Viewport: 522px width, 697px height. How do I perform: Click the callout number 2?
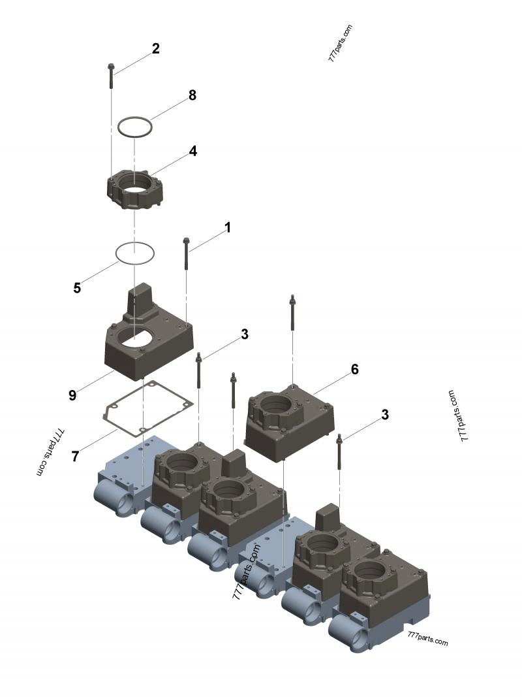(156, 48)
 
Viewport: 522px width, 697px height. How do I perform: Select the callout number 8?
(192, 95)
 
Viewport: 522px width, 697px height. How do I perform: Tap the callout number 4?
(193, 151)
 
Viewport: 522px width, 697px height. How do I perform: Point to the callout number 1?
(228, 228)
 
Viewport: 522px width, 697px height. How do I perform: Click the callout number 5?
(77, 287)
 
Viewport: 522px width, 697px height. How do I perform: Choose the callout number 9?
(72, 395)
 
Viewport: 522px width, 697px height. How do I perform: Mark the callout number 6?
(354, 369)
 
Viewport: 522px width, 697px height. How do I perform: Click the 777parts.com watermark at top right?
(341, 43)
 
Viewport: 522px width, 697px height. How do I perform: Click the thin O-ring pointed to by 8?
(135, 127)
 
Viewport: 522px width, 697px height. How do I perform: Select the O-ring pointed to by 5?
(134, 253)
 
